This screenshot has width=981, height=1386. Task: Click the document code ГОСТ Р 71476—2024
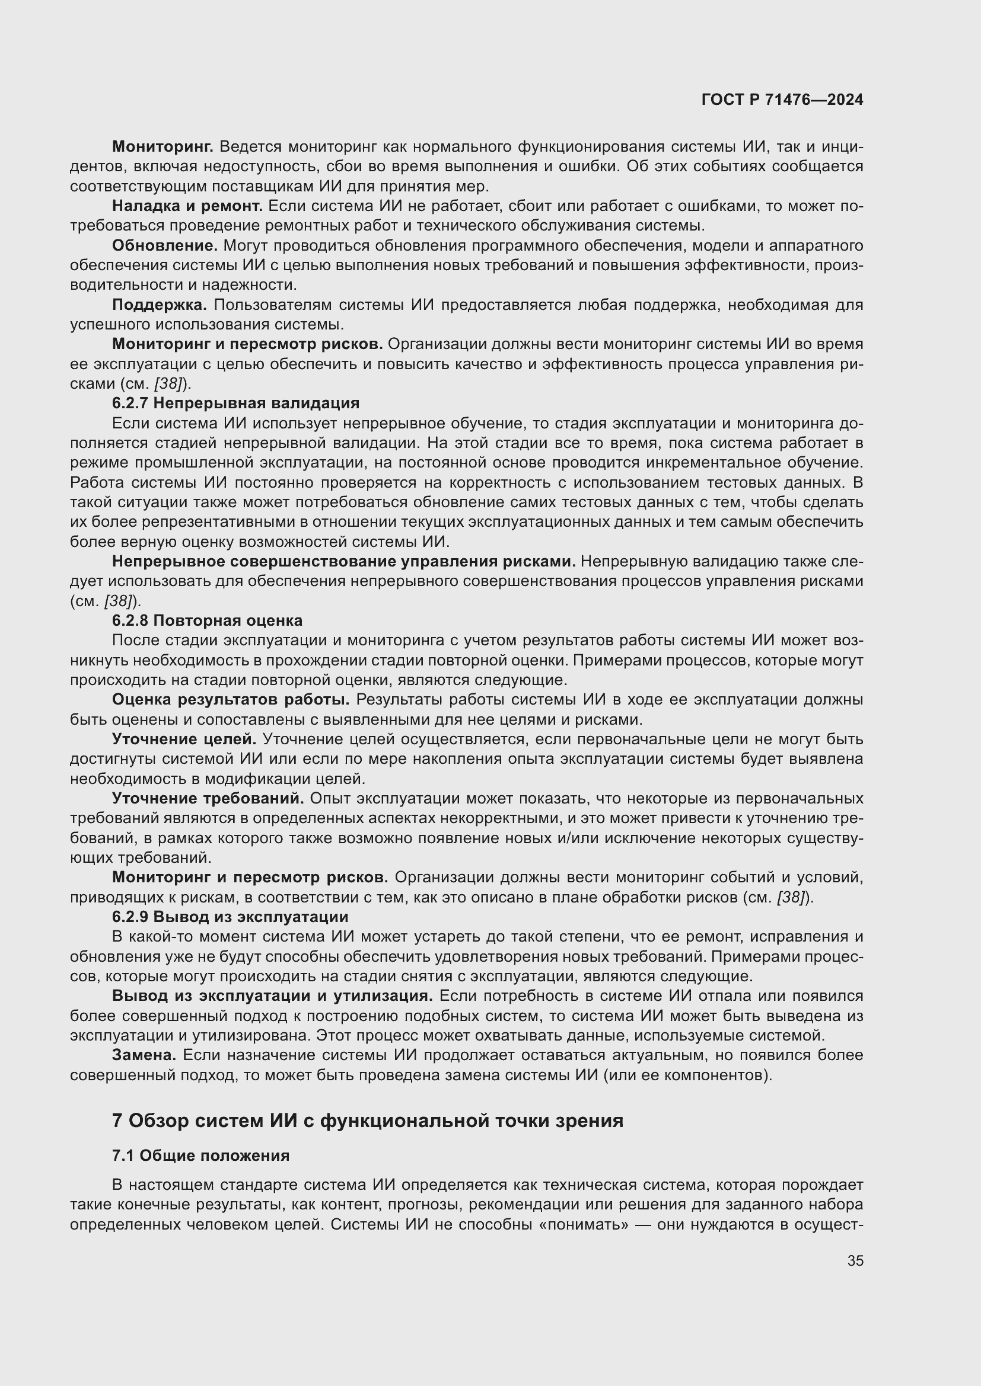pyautogui.click(x=782, y=100)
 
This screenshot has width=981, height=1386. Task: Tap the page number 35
pyautogui.click(x=855, y=1260)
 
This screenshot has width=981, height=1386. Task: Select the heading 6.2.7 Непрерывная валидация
pyautogui.click(x=235, y=402)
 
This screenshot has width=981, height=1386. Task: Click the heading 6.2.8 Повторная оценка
pyautogui.click(x=207, y=620)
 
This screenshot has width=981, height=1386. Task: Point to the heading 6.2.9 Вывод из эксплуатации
pyautogui.click(x=230, y=916)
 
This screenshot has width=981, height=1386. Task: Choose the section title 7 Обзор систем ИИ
pyautogui.click(x=367, y=1121)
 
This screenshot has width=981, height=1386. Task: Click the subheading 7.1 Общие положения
pyautogui.click(x=200, y=1155)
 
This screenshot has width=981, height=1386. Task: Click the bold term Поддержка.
pyautogui.click(x=160, y=305)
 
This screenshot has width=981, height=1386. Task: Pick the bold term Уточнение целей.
pyautogui.click(x=184, y=739)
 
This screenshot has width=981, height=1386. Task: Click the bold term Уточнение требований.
pyautogui.click(x=208, y=798)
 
